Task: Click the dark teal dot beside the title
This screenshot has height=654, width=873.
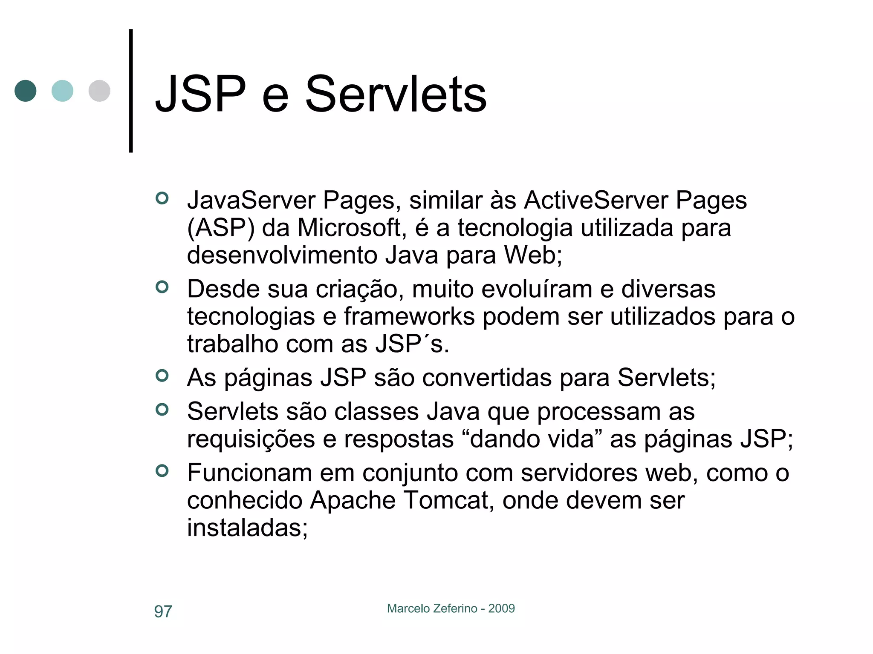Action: pos(26,91)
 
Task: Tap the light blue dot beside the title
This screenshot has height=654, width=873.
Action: pos(62,91)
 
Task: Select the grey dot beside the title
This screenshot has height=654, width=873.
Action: pos(99,91)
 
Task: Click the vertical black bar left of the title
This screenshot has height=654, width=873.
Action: pos(131,91)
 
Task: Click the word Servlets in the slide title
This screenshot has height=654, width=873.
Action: pos(396,94)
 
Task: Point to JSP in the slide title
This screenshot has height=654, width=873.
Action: pos(201,94)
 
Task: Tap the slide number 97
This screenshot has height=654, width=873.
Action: pos(163,611)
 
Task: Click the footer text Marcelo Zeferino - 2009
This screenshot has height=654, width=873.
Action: pos(451,608)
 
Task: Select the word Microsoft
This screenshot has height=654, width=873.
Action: pos(349,228)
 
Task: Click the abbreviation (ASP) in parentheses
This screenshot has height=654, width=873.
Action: pos(220,228)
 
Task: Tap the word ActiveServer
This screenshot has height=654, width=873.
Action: pos(596,200)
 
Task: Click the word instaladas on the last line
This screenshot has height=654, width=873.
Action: pos(247,528)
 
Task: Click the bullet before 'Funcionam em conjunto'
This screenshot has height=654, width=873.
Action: pos(162,470)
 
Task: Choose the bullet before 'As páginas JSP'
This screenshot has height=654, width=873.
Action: pos(162,376)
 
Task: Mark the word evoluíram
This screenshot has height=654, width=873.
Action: pos(537,289)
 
